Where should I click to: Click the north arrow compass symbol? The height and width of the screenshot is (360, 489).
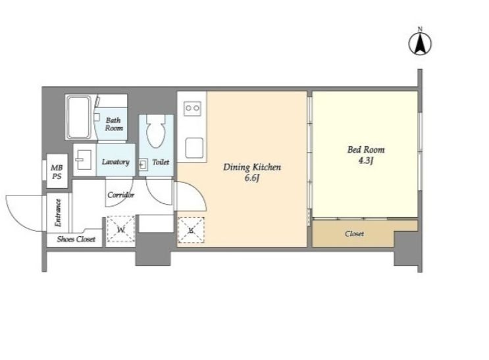coord(420,43)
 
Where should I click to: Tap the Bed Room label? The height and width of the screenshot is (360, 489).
coord(366,150)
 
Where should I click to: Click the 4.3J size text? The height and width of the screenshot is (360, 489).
coord(366,161)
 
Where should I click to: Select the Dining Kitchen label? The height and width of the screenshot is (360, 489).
coord(252,167)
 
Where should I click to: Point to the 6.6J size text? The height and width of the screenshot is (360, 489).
coord(252,179)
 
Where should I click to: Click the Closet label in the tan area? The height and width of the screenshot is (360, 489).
coord(354,234)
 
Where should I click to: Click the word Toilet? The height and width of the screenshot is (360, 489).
coord(161,162)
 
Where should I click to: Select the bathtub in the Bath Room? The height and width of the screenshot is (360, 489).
coord(79,117)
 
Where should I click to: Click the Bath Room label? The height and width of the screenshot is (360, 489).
coord(113,124)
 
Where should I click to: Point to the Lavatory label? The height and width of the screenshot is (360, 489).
coord(115,162)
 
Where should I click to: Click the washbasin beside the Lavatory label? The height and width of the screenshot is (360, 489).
coord(84,159)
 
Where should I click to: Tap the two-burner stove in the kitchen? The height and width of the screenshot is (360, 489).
coord(192,108)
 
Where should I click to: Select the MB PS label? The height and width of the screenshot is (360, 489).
coord(57,172)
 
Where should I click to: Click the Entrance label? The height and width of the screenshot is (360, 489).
coord(58,213)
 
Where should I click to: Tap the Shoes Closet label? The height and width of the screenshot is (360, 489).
coord(76,240)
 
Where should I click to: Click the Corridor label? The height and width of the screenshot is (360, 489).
coord(120,195)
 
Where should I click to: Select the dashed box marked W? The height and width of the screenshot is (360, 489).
coord(121,230)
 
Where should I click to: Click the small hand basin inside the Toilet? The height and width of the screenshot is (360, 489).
coord(143,165)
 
